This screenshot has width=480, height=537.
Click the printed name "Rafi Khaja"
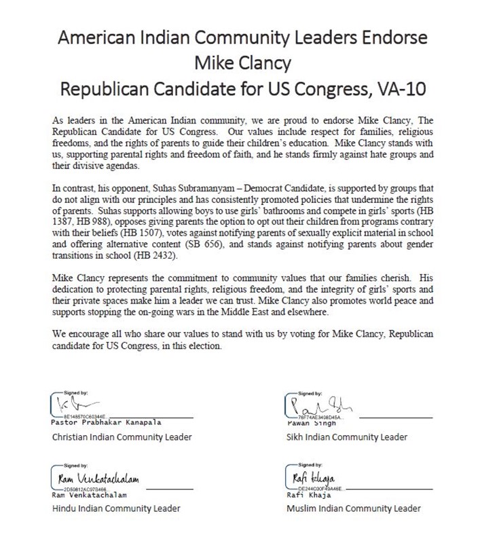301,495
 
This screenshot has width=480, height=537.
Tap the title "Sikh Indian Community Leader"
347,437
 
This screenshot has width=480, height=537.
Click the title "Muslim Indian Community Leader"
353,508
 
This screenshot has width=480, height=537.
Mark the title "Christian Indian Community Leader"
122,437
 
